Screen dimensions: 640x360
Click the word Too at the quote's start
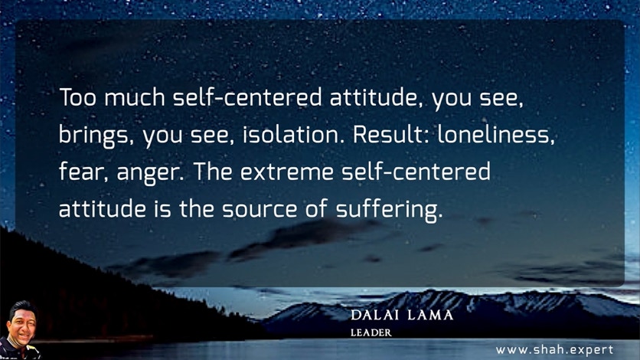pyautogui.click(x=78, y=97)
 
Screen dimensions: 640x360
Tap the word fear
pyautogui.click(x=83, y=172)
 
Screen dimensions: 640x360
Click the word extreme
pyautogui.click(x=287, y=172)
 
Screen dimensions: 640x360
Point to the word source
pyautogui.click(x=260, y=209)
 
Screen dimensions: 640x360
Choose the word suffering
pyautogui.click(x=389, y=210)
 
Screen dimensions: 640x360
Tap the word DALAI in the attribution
pyautogui.click(x=375, y=315)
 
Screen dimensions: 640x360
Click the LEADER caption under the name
pyautogui.click(x=371, y=332)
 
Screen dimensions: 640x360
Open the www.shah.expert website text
pyautogui.click(x=554, y=350)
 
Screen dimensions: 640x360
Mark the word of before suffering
pyautogui.click(x=316, y=208)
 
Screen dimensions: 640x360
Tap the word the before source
pyautogui.click(x=196, y=208)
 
